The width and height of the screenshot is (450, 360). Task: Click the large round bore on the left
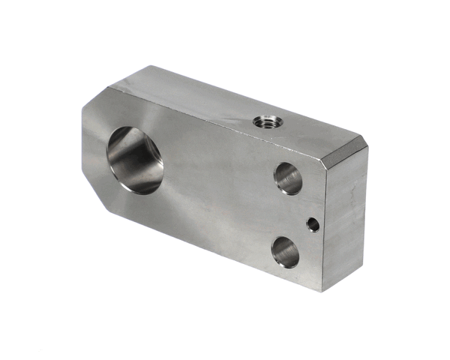(136, 160)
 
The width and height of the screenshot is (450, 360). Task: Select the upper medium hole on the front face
(287, 178)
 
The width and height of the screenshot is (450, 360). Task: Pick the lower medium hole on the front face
(285, 251)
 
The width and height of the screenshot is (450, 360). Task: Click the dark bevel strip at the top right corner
(344, 150)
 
